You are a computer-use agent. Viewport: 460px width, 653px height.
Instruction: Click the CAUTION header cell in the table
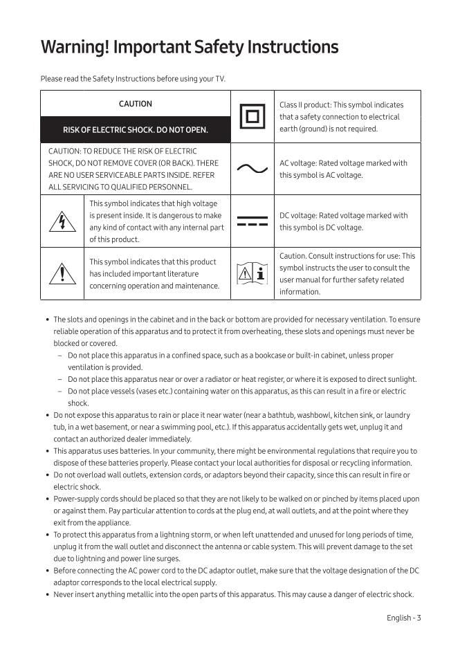point(136,104)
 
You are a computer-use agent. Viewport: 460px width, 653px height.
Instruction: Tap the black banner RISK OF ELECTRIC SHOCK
point(136,129)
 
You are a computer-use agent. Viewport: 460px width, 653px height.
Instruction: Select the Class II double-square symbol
point(252,116)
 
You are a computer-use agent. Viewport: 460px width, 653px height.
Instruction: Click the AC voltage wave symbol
point(252,169)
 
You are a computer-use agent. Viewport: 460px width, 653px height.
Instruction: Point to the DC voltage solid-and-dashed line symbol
point(252,221)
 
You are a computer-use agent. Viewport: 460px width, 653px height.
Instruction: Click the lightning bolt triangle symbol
point(63,221)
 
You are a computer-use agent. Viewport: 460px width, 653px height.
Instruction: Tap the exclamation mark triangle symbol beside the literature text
point(63,274)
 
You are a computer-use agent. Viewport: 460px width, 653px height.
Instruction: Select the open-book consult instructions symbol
point(252,274)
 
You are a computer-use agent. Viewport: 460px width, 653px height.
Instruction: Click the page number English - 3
point(403,618)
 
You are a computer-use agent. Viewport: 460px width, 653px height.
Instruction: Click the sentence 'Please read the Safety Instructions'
point(133,79)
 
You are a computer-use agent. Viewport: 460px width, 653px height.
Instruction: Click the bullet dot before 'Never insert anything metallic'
point(47,594)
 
